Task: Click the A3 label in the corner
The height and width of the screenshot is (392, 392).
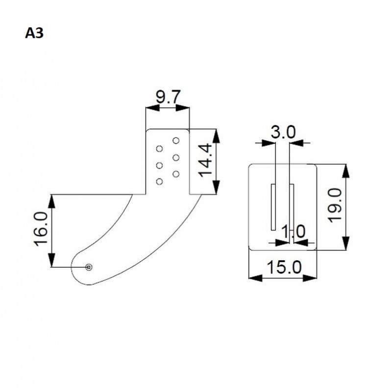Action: (34, 34)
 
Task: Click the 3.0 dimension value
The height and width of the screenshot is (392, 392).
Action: (283, 132)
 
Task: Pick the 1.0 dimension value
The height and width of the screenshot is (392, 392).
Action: (293, 231)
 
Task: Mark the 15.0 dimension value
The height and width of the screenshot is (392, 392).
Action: (283, 267)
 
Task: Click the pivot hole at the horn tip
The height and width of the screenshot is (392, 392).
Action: (89, 267)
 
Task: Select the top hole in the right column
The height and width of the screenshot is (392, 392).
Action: (176, 141)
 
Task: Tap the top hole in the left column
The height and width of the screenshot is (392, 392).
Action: (159, 148)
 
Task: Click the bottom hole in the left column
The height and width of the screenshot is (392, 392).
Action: (159, 182)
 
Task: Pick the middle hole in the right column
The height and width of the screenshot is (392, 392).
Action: (176, 157)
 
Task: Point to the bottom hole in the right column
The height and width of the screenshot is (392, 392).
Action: (176, 173)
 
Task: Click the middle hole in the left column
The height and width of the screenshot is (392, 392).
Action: (159, 165)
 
